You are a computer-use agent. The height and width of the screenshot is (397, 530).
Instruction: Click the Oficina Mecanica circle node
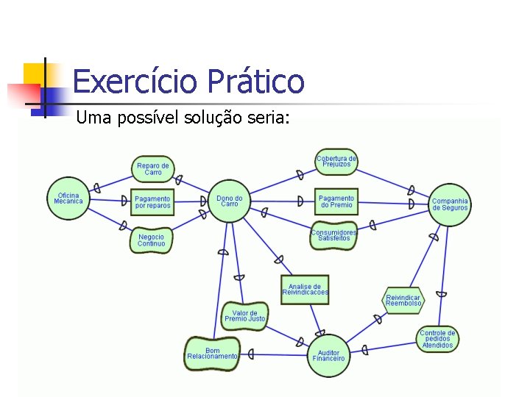click(x=68, y=198)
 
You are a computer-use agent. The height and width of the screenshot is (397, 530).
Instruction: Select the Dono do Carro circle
click(x=230, y=201)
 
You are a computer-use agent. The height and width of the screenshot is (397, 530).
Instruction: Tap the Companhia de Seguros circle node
click(x=449, y=204)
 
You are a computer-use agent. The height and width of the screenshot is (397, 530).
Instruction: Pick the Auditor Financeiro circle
click(x=328, y=356)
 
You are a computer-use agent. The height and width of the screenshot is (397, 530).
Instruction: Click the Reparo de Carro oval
click(x=153, y=169)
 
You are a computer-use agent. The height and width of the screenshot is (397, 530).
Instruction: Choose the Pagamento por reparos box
click(x=152, y=202)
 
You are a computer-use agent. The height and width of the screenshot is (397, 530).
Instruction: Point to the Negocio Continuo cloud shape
click(x=151, y=240)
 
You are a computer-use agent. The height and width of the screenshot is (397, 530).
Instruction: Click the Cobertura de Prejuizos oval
click(x=336, y=162)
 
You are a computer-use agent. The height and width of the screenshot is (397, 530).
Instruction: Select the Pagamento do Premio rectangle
click(x=336, y=201)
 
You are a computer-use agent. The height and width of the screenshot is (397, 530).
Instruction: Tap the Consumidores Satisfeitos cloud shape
click(x=334, y=235)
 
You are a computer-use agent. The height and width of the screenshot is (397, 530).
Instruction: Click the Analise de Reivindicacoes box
click(x=305, y=290)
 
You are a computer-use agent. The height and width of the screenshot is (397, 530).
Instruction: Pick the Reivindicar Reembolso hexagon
click(x=403, y=300)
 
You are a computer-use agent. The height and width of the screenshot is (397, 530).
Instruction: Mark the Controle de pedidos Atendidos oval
click(x=438, y=338)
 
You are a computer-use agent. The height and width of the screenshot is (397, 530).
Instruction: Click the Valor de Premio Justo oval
click(x=244, y=316)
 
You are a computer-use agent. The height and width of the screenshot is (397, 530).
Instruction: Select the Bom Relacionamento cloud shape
click(x=212, y=354)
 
